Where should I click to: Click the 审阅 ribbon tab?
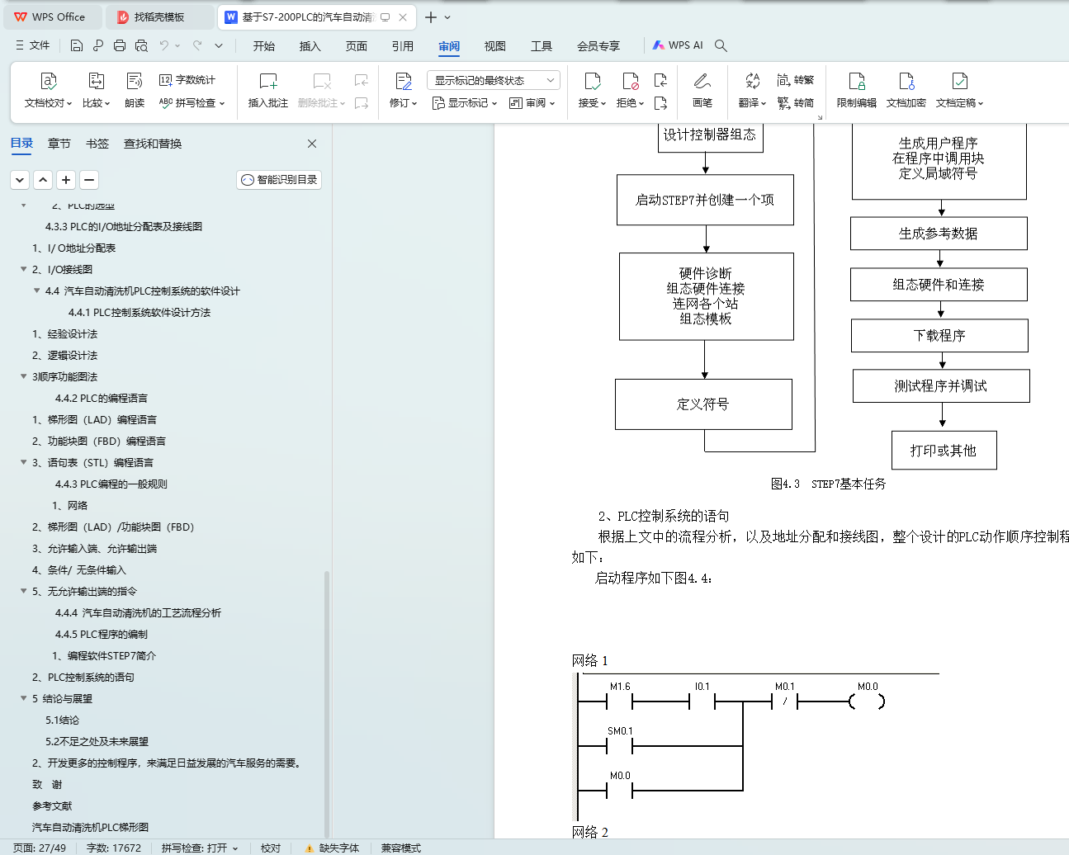(449, 46)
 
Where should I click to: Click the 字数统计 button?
(187, 80)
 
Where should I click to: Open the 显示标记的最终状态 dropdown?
(493, 80)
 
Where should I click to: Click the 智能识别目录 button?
(279, 180)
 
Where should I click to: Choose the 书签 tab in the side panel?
(97, 144)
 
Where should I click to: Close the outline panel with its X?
(312, 144)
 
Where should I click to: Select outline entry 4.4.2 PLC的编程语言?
(102, 399)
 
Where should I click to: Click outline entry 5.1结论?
(62, 720)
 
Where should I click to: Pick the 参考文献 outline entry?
(52, 806)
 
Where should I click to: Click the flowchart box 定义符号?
(703, 404)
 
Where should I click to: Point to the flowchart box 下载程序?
(939, 336)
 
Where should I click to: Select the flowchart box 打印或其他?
(944, 451)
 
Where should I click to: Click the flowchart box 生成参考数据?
(939, 234)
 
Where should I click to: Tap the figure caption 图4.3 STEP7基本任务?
(828, 484)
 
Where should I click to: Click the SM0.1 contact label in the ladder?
(620, 731)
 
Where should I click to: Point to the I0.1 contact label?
(702, 687)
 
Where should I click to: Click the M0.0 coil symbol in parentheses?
(867, 702)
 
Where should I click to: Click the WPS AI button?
(678, 45)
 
